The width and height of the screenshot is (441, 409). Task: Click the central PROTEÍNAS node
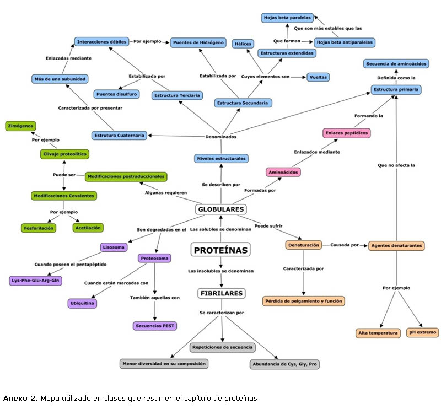pos(220,250)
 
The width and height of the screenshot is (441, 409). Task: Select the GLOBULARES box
pos(220,209)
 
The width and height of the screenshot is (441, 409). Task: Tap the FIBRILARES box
pos(220,293)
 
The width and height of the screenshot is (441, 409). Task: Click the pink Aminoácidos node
pos(283,172)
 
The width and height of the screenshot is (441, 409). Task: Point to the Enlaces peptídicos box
pos(346,133)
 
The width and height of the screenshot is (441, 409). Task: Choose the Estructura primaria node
pos(396,89)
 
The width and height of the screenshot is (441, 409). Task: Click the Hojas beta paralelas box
pos(287,18)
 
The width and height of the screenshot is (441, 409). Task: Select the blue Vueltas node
pos(318,77)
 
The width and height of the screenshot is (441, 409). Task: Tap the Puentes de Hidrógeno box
pos(197,42)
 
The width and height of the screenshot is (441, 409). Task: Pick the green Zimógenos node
pos(20,126)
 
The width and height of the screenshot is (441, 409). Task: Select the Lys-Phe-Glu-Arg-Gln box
pos(36,281)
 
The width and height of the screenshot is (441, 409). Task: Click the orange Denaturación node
pos(303,245)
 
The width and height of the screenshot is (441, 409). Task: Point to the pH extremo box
pos(422,332)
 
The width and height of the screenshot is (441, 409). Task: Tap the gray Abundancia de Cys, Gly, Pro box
pos(284,364)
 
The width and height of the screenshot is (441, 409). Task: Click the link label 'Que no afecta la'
pos(396,165)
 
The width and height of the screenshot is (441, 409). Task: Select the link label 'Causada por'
pos(345,244)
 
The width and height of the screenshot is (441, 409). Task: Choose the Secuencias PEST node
pos(155,326)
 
